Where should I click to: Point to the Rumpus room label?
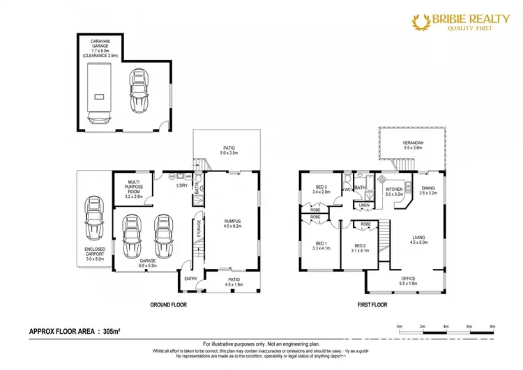[232, 222]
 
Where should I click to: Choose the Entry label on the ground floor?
[190, 279]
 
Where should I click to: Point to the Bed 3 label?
[321, 190]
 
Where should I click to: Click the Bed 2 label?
[360, 248]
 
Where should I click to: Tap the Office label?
[409, 281]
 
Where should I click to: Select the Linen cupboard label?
[363, 206]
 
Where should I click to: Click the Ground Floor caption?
[169, 304]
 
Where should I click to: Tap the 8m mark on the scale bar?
[493, 326]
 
